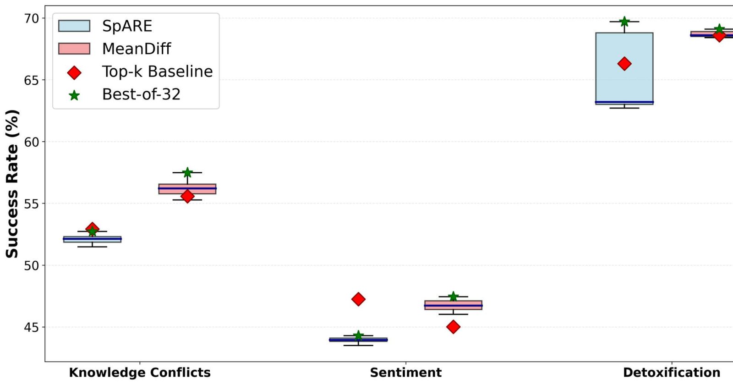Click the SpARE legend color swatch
74,26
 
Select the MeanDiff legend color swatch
74,49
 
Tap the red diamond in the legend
74,72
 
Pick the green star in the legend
74,95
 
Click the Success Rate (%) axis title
12,184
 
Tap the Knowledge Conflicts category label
140,373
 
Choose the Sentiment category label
406,373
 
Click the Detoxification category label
672,373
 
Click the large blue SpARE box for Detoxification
624,68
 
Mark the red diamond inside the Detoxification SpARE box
624,64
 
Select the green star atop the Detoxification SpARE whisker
624,22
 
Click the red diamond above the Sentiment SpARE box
358,299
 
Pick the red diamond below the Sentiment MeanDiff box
453,327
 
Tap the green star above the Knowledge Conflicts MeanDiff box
187,172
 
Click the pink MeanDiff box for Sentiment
453,305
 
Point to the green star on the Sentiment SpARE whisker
358,335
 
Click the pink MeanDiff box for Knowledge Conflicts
187,189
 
